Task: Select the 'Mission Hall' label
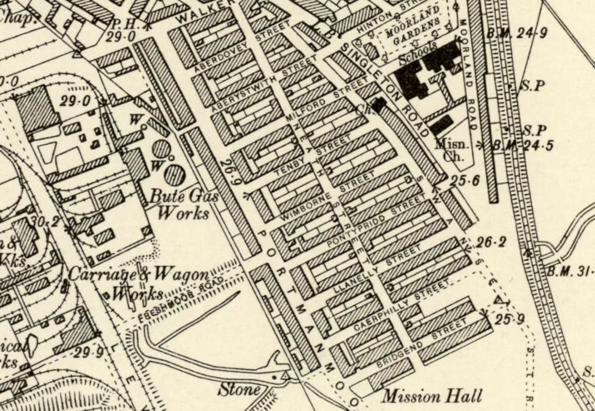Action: pyautogui.click(x=432, y=396)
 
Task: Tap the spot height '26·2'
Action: pyautogui.click(x=491, y=242)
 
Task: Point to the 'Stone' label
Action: pyautogui.click(x=239, y=389)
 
